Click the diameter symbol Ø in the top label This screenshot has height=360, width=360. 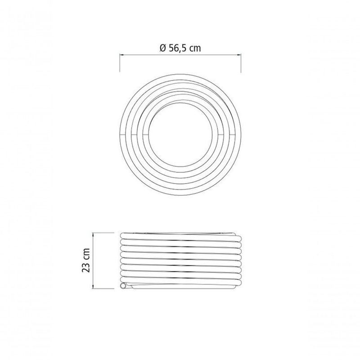162,48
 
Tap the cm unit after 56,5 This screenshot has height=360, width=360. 196,49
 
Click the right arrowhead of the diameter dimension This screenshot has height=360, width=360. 238,54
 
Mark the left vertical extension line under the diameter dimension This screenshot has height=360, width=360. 120,63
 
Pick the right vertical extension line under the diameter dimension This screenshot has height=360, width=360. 241,63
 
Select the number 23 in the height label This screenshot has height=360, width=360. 86,267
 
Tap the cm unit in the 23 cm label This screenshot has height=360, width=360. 86,254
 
